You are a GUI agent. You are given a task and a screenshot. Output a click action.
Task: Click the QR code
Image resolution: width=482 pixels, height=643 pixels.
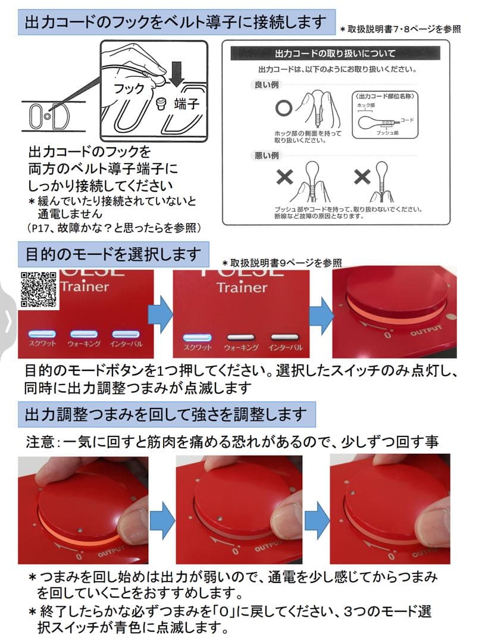39,289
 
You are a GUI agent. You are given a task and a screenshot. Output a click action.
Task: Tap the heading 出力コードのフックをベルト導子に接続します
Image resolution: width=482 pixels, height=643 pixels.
176,23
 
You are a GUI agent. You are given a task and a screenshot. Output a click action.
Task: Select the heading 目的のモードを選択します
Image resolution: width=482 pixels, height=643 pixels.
113,254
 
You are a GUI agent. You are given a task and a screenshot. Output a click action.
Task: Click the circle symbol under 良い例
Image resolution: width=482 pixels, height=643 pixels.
284,108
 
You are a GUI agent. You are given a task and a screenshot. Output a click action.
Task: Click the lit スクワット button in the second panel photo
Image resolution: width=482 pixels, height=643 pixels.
197,337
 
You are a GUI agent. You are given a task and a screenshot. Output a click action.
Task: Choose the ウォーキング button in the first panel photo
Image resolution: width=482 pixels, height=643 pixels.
84,334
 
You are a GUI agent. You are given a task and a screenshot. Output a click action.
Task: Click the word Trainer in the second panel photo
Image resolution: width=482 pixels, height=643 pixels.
242,287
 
